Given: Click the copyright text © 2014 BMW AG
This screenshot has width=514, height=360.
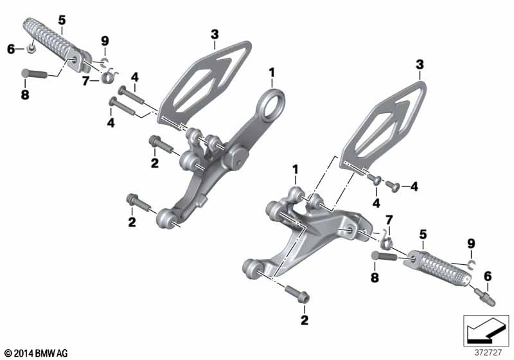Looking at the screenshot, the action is click(37, 353).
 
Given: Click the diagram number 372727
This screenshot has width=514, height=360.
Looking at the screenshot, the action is click(488, 353).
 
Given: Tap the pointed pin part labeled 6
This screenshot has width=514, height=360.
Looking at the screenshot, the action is click(485, 296).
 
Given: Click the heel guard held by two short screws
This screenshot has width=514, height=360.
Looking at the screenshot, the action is click(384, 126).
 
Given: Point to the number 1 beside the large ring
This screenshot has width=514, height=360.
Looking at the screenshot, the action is click(271, 73).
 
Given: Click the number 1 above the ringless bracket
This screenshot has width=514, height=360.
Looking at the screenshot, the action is click(296, 170).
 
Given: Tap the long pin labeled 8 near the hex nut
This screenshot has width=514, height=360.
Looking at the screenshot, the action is click(34, 73).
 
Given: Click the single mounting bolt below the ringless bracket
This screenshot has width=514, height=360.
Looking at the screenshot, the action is click(297, 294).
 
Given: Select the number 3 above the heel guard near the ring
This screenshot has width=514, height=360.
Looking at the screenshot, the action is click(215, 35).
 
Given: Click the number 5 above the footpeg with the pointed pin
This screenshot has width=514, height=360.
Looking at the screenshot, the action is click(423, 235).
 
